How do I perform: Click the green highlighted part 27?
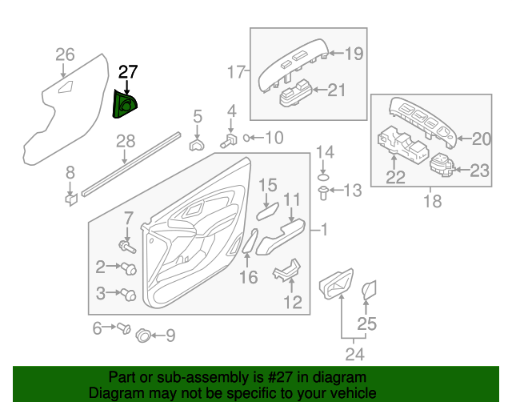[125, 104]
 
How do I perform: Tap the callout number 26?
[65, 54]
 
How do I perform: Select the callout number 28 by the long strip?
[126, 142]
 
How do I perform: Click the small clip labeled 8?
[70, 198]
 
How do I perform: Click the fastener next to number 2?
[129, 267]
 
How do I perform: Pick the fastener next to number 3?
[129, 295]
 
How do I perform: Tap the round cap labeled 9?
[144, 335]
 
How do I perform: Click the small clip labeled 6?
[124, 328]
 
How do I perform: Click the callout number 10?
[274, 138]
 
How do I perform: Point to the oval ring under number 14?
[323, 175]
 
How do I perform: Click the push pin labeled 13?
[323, 192]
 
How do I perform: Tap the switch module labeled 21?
[298, 98]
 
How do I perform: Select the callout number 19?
[354, 54]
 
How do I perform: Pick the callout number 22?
[396, 177]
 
